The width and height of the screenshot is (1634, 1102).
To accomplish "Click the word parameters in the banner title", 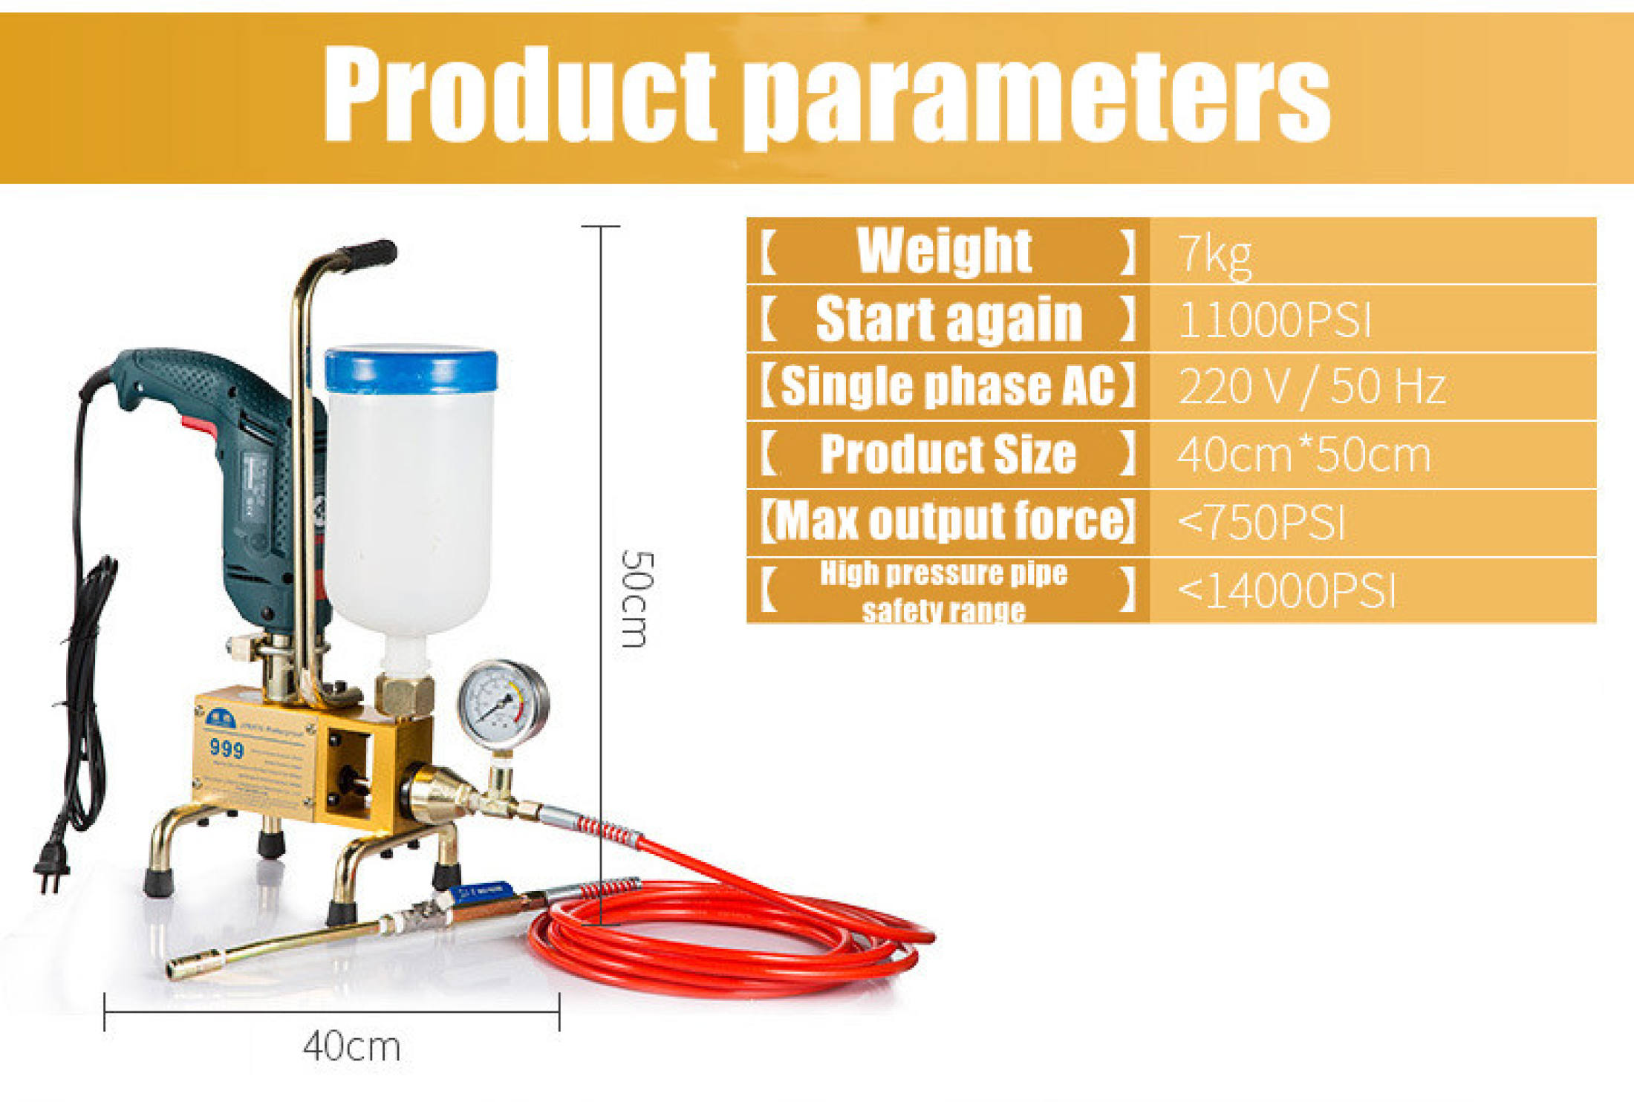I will [x=1037, y=97].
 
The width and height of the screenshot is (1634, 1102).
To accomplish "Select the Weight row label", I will [x=944, y=251].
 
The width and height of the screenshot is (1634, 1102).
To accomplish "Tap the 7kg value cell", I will [x=1215, y=255].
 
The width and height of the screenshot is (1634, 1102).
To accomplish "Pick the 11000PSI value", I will [x=1275, y=321].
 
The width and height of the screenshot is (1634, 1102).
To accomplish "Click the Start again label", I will [x=948, y=319].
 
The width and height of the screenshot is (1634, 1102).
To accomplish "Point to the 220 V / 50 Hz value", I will [x=1312, y=387].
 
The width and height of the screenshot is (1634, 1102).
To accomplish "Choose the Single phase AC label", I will [x=948, y=387].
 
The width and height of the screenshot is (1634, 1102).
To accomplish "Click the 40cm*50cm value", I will [x=1303, y=454].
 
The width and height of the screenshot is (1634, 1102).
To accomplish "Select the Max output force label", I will [x=948, y=521].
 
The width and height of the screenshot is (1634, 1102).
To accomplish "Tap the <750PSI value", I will [x=1261, y=522].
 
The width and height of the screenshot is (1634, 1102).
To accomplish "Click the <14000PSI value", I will [x=1286, y=591].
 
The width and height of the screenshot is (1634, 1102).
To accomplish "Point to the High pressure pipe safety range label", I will [x=944, y=591].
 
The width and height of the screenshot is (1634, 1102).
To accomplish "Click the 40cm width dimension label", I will [x=351, y=1047].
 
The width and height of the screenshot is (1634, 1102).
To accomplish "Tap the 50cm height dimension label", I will [x=637, y=599].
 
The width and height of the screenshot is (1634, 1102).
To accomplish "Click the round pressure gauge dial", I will [x=503, y=703].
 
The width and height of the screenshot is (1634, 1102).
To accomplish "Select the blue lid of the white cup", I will [x=411, y=370].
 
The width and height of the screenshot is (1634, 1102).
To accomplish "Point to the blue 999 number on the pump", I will [x=227, y=748].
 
